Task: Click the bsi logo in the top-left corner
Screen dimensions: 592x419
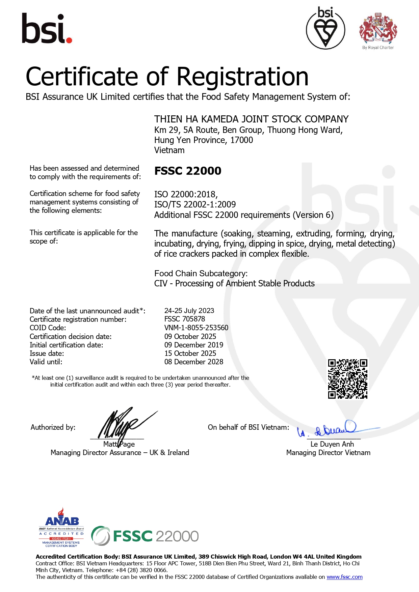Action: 47,29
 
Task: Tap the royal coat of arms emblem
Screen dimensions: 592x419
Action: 378,29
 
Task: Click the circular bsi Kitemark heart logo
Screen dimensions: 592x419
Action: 325,28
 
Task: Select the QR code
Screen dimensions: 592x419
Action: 347,379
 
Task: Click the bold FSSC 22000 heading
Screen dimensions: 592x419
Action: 188,171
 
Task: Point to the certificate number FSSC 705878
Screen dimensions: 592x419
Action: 185,319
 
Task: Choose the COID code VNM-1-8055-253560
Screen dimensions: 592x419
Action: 196,328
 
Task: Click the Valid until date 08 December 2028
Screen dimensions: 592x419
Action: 194,362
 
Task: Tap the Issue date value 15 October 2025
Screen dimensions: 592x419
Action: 190,354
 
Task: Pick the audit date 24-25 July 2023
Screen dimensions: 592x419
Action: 189,311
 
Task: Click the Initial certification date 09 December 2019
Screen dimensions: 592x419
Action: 194,345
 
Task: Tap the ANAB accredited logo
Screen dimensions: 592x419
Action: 61,528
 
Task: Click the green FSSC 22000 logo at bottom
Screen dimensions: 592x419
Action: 145,536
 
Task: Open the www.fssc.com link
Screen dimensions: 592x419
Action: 344,577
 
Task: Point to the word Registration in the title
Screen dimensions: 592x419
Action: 242,77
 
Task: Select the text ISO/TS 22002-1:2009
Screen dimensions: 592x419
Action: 195,205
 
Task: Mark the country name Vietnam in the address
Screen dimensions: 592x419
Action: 169,150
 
